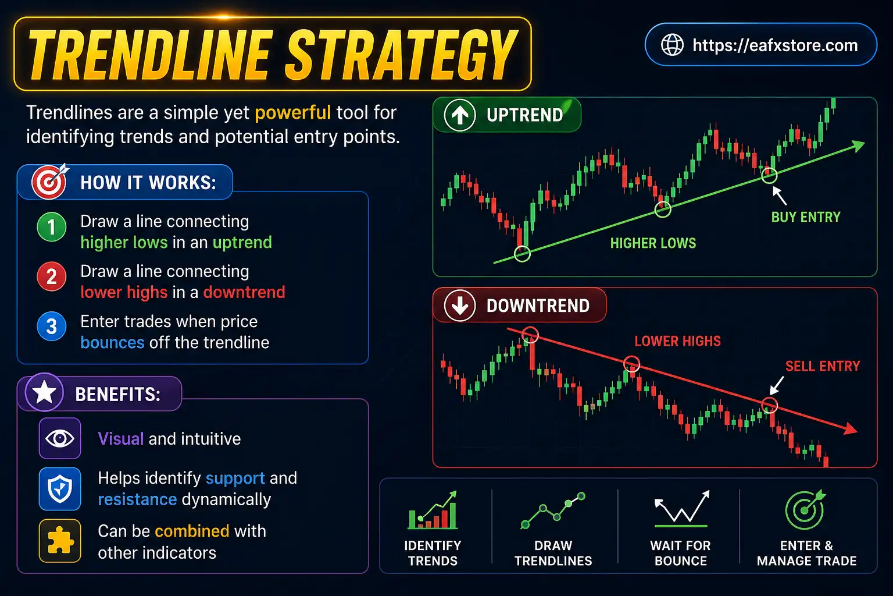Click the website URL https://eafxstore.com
click(775, 45)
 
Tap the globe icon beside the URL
click(673, 45)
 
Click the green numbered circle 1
click(51, 227)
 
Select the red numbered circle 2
click(51, 276)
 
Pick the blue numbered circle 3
click(51, 327)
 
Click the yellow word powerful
click(292, 112)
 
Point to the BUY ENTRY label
click(805, 217)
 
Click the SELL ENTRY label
click(822, 366)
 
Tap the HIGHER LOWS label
click(653, 243)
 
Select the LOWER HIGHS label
click(677, 341)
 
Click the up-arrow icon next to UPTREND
click(460, 115)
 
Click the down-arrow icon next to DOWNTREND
click(460, 306)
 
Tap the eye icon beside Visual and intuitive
click(60, 438)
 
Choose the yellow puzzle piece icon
click(60, 541)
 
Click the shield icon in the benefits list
click(60, 488)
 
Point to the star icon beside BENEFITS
click(45, 393)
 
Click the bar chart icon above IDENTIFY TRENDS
click(433, 512)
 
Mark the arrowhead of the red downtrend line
click(852, 429)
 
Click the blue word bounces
click(112, 342)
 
